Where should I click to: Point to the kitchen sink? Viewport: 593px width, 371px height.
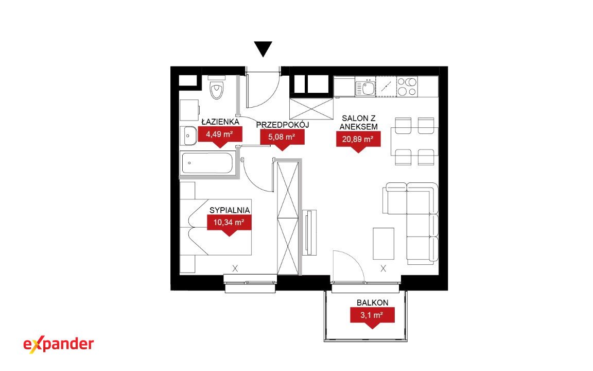pos(365,88)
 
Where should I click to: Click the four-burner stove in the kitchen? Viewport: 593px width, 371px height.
pos(407,87)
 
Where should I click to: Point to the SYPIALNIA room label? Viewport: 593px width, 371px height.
pos(230,210)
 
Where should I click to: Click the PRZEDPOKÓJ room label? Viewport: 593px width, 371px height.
pos(283,125)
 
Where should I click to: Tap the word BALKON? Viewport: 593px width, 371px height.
pos(373,302)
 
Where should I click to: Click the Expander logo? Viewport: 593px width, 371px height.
pos(59,345)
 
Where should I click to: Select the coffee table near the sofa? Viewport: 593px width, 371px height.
pos(383,243)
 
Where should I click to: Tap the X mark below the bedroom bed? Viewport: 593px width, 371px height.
pos(235,268)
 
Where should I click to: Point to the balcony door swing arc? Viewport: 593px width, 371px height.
pos(355,259)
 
